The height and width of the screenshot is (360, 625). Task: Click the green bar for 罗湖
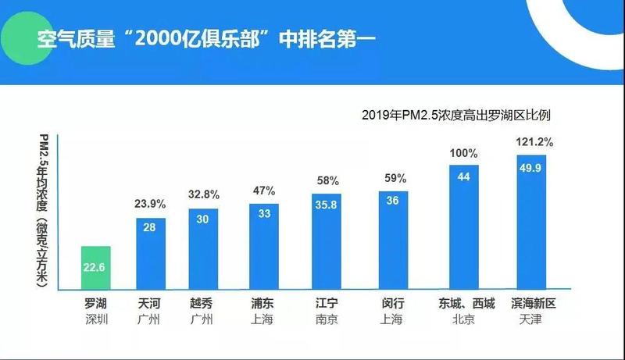96,268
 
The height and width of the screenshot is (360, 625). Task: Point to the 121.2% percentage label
535,142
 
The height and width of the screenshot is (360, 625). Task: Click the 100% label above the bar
462,153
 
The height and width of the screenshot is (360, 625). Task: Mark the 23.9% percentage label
151,205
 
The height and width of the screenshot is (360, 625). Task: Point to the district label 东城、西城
462,304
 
